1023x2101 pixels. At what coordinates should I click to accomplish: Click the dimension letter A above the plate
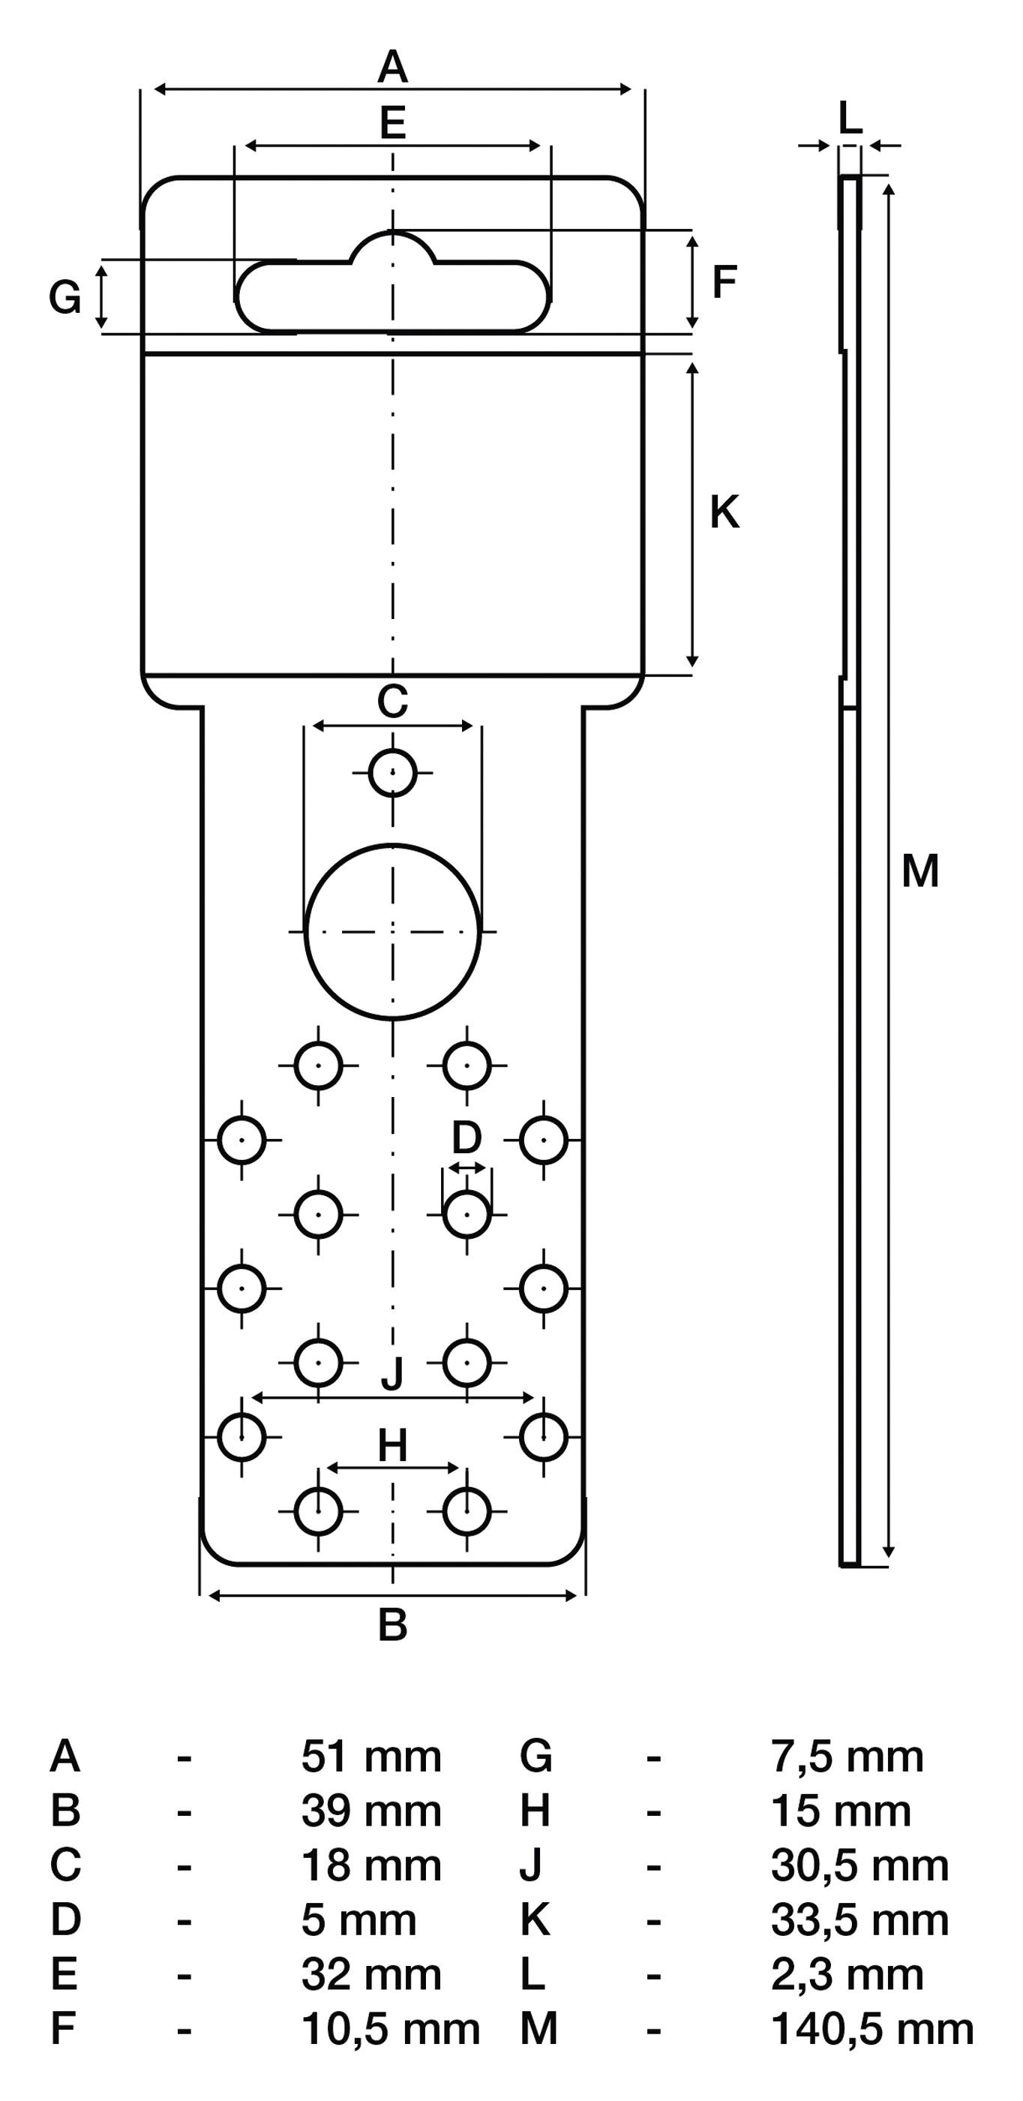392,67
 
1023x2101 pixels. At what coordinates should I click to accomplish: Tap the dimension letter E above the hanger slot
393,123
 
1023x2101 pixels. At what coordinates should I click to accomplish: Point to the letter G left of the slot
65,298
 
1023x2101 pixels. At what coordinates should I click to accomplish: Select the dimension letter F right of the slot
724,283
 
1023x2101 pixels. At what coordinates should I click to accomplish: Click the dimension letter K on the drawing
724,513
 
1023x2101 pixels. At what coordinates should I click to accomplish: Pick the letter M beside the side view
920,871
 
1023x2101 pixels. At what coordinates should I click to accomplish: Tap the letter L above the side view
850,120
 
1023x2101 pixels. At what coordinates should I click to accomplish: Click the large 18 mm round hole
393,931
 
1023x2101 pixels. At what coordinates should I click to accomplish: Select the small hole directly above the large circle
393,771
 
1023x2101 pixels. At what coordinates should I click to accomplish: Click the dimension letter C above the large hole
392,702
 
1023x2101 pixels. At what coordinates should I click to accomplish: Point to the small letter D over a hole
466,1137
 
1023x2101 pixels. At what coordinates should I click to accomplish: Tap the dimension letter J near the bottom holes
393,1375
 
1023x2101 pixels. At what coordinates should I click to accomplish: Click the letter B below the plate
393,1625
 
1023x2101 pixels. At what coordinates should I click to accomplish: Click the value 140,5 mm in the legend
872,2028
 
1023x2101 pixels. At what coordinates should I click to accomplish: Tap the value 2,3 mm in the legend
847,1973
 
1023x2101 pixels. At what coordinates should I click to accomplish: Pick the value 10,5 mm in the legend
391,2028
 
